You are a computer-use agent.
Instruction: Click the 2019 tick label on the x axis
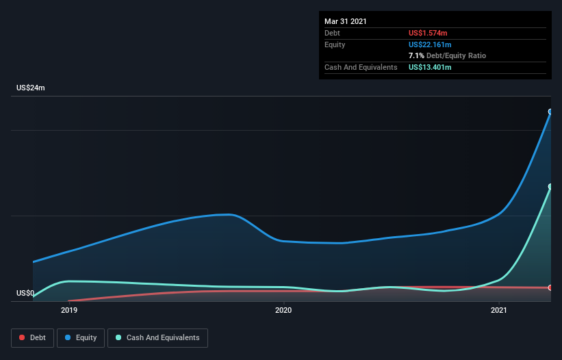[68, 311]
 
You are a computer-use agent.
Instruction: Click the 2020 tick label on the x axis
[283, 311]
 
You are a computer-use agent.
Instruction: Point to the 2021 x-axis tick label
[499, 311]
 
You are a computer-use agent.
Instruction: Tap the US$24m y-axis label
[31, 88]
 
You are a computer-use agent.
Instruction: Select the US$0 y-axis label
[25, 294]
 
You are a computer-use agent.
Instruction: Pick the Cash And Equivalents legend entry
[157, 337]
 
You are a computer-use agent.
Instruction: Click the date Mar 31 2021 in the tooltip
[346, 21]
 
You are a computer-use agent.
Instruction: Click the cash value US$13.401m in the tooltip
[431, 67]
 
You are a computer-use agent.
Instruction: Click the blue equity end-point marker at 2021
[550, 112]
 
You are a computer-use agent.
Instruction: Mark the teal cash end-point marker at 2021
[550, 186]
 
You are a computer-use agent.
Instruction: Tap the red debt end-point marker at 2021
[550, 287]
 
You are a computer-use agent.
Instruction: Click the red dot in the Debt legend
[23, 337]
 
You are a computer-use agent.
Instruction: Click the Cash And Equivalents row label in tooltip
[361, 67]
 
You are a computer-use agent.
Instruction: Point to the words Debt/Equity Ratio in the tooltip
[456, 55]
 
